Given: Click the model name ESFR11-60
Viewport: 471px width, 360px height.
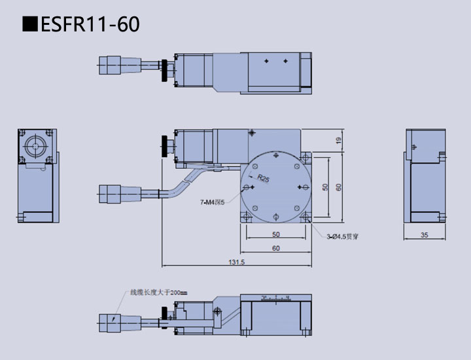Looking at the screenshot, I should pos(90,25).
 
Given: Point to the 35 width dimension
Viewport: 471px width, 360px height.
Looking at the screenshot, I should pos(425,234).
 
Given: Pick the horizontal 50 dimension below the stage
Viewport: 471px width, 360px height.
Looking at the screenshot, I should pos(275,234).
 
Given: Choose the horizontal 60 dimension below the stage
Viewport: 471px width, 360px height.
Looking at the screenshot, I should pos(275,248).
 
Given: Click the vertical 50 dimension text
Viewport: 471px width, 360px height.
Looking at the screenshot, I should pos(325,187).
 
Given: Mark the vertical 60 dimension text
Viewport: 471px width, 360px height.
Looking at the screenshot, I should pos(338,187).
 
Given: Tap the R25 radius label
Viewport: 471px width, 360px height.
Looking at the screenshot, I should pos(263,178).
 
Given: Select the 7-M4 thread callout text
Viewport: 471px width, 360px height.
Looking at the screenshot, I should pos(212,202).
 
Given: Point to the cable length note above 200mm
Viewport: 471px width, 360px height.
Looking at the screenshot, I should pos(158,293).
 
